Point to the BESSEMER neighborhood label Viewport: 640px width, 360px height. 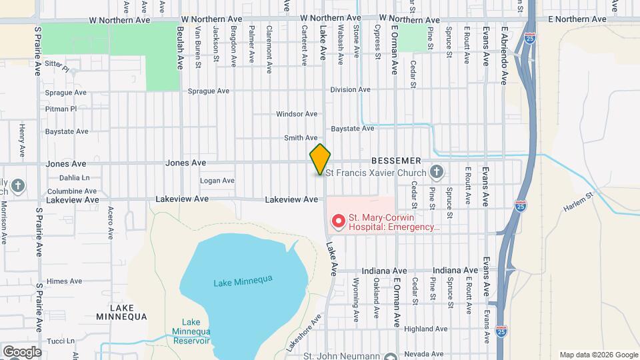pos(396,161)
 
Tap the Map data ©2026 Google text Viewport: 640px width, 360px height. pos(598,355)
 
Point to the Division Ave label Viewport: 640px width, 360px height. pos(350,89)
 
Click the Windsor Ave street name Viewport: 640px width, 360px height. pos(297,114)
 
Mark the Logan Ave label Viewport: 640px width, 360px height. pos(217,181)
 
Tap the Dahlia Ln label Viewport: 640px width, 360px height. pos(74,177)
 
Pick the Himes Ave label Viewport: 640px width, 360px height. pos(65,282)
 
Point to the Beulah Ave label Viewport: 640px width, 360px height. pos(180,49)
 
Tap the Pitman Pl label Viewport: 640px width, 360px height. pos(61,108)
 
